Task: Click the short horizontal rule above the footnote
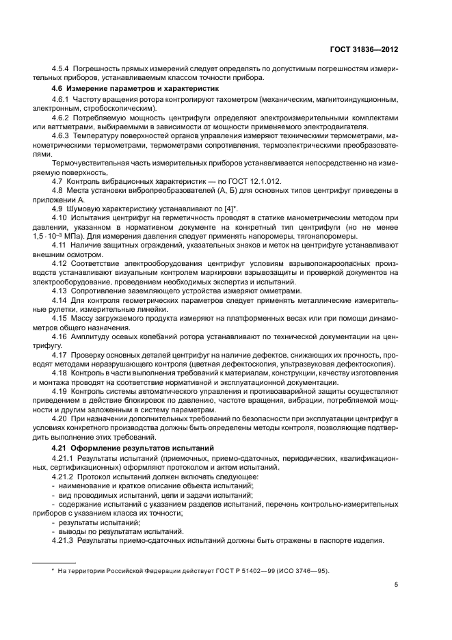tap(55, 561)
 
